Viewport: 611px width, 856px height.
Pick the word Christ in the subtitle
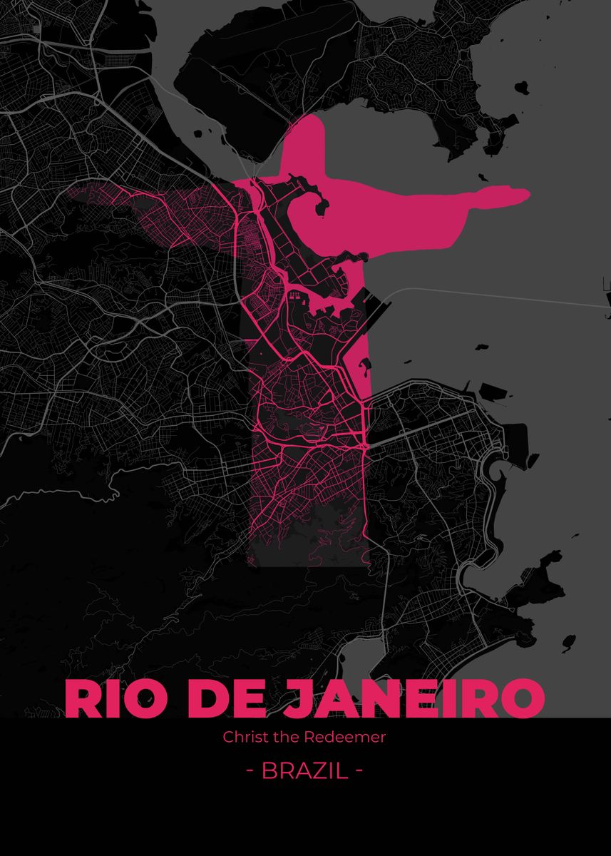[x=242, y=737]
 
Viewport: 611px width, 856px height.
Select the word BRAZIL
[x=305, y=770]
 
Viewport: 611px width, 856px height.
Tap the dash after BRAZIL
[x=359, y=771]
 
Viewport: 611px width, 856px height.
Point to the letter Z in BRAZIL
[x=317, y=770]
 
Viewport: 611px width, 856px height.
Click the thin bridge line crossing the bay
[x=499, y=296]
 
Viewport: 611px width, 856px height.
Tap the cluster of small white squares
[x=295, y=294]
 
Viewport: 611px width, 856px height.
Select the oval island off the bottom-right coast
[x=568, y=642]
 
